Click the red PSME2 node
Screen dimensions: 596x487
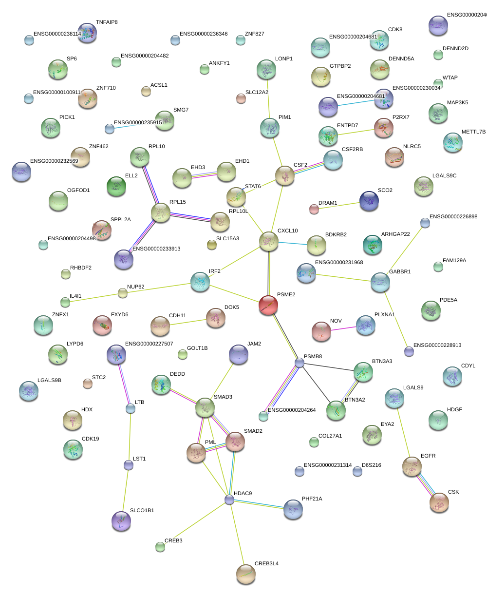pyautogui.click(x=268, y=305)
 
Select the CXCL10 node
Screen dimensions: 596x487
pyautogui.click(x=268, y=241)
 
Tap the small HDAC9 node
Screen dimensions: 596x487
pyautogui.click(x=229, y=500)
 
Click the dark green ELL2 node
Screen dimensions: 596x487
pyautogui.click(x=116, y=186)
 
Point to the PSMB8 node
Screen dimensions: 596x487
pyautogui.click(x=300, y=363)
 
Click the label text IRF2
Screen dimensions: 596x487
pyautogui.click(x=214, y=271)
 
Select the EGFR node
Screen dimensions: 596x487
pyautogui.click(x=412, y=466)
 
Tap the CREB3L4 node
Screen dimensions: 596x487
pyautogui.click(x=245, y=574)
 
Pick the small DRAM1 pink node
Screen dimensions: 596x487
pyautogui.click(x=314, y=210)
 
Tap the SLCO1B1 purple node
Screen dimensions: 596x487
pyautogui.click(x=121, y=520)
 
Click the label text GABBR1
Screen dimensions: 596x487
pyautogui.click(x=399, y=271)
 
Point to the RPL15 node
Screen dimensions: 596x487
pyautogui.click(x=160, y=212)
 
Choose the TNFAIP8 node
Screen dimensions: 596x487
pyautogui.click(x=87, y=32)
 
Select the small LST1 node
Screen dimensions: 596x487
pyautogui.click(x=128, y=465)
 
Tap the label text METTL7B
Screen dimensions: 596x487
pyautogui.click(x=473, y=132)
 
